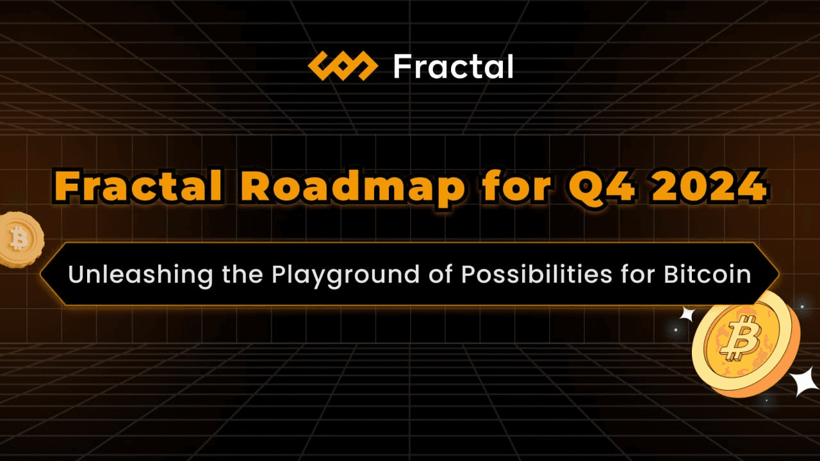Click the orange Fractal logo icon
click(x=343, y=66)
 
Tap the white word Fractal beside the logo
click(x=453, y=67)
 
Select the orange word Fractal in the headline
click(x=138, y=186)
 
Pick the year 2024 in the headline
click(x=709, y=186)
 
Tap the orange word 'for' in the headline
click(x=516, y=186)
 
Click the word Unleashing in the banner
click(x=140, y=275)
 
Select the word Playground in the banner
click(x=345, y=276)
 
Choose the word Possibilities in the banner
click(x=537, y=274)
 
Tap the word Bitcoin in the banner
click(x=707, y=274)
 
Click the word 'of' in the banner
click(x=440, y=274)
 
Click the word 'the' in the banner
click(x=242, y=274)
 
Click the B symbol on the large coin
click(x=741, y=337)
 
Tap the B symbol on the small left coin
click(x=18, y=238)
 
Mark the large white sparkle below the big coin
click(x=804, y=380)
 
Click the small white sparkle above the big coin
click(x=688, y=314)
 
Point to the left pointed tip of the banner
click(x=40, y=273)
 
